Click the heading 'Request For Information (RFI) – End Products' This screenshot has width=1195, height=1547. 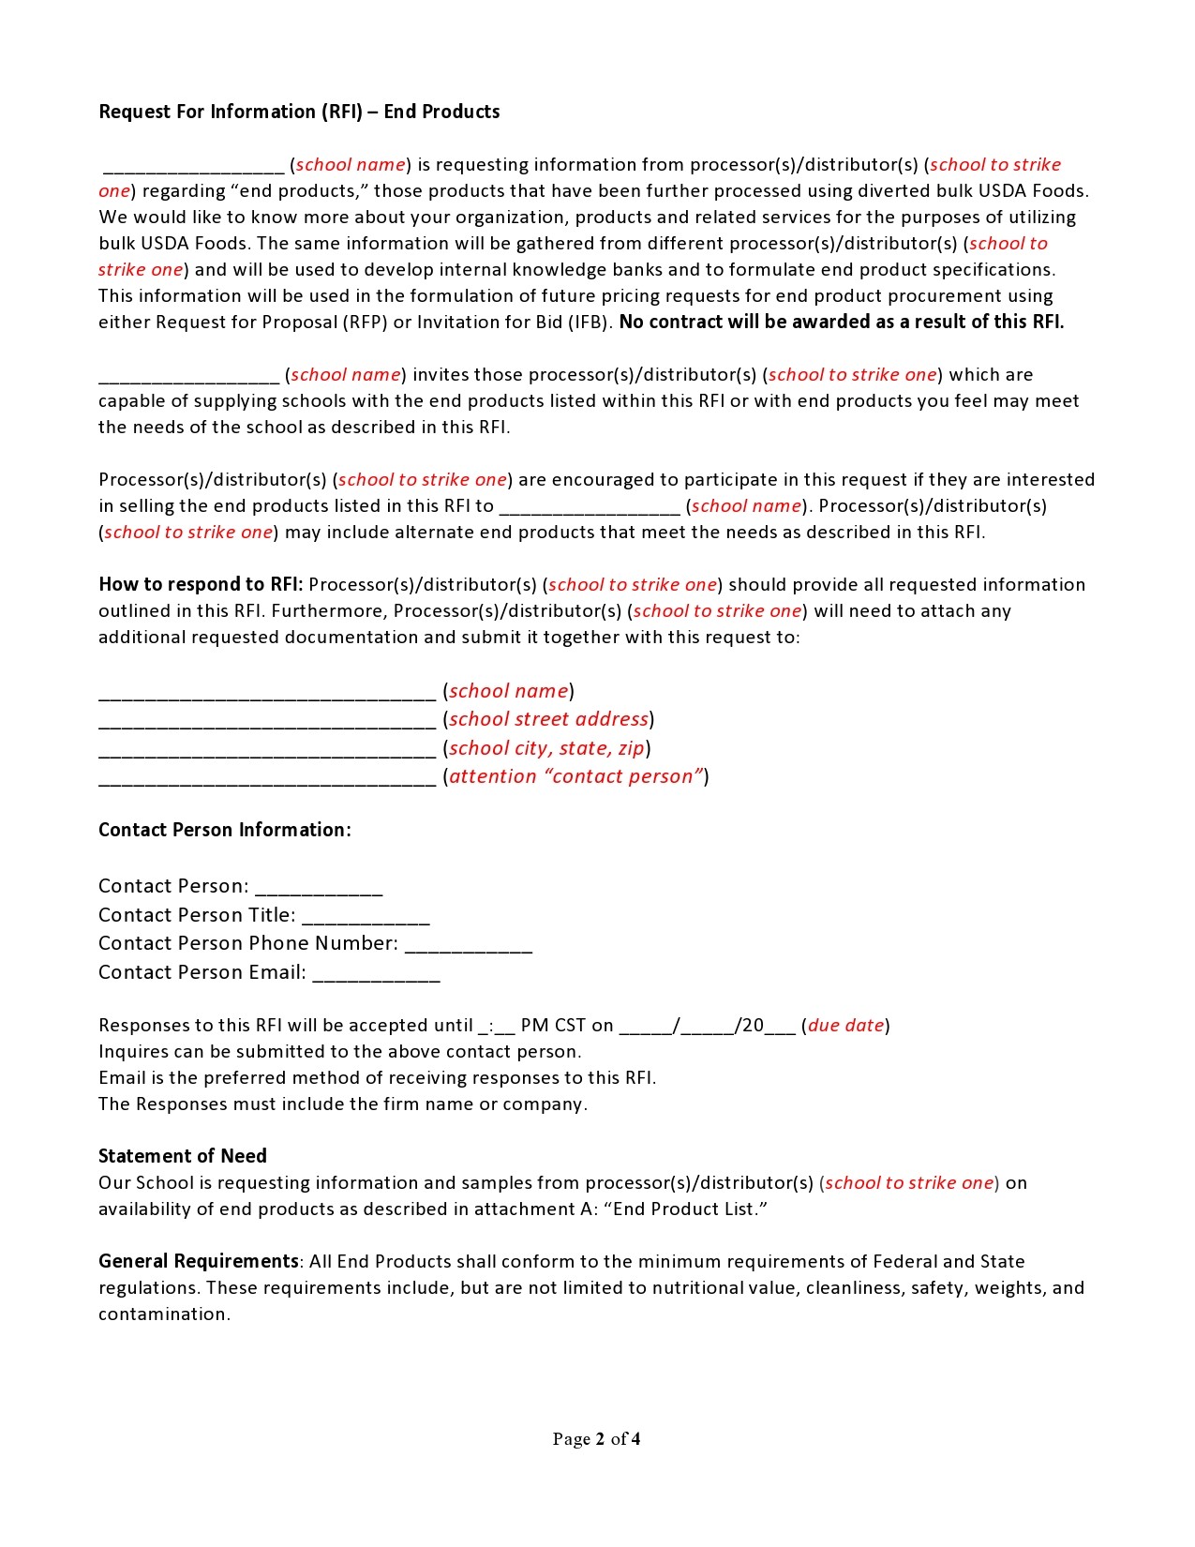point(299,112)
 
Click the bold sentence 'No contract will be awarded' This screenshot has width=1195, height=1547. point(841,322)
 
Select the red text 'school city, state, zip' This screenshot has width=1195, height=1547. point(546,748)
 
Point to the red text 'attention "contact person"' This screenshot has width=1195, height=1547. point(575,776)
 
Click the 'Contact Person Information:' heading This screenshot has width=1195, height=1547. point(225,830)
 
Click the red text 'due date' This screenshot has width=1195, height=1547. point(845,1026)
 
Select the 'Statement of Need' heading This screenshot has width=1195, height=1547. point(183,1156)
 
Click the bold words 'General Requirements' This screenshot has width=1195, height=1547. point(199,1261)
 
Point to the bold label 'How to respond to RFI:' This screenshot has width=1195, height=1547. point(201,584)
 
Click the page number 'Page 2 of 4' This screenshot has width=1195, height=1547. point(596,1439)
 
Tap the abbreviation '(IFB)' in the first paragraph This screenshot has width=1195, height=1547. point(590,322)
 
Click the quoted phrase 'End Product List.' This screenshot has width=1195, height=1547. point(690,1209)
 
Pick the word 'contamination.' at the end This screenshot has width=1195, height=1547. point(164,1314)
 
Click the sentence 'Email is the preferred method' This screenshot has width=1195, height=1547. point(377,1077)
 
